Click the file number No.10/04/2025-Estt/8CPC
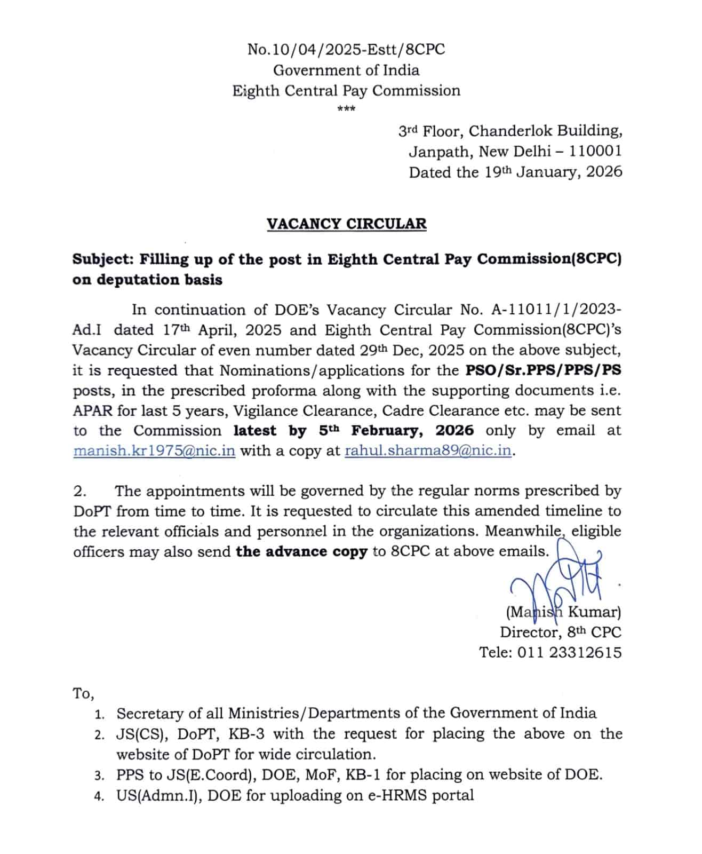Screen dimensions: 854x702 pyautogui.click(x=346, y=50)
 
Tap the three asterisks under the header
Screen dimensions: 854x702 pyautogui.click(x=346, y=109)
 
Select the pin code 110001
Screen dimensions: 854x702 pyautogui.click(x=595, y=152)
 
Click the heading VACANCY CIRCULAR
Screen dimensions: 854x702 pyautogui.click(x=346, y=224)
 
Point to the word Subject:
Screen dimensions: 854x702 pyautogui.click(x=103, y=259)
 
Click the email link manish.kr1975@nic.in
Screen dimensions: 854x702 pyautogui.click(x=154, y=450)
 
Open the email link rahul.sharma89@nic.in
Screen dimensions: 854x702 pyautogui.click(x=428, y=450)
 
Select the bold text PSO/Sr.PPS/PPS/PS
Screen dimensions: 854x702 pyautogui.click(x=543, y=370)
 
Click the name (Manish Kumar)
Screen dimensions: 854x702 pyautogui.click(x=563, y=612)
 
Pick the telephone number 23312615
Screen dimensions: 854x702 pyautogui.click(x=585, y=652)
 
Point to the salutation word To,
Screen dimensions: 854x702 pyautogui.click(x=83, y=693)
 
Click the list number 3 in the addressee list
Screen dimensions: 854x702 pyautogui.click(x=99, y=776)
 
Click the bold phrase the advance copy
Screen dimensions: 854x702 pyautogui.click(x=301, y=551)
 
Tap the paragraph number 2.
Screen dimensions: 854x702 pyautogui.click(x=79, y=491)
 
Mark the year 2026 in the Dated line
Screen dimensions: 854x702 pyautogui.click(x=604, y=172)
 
